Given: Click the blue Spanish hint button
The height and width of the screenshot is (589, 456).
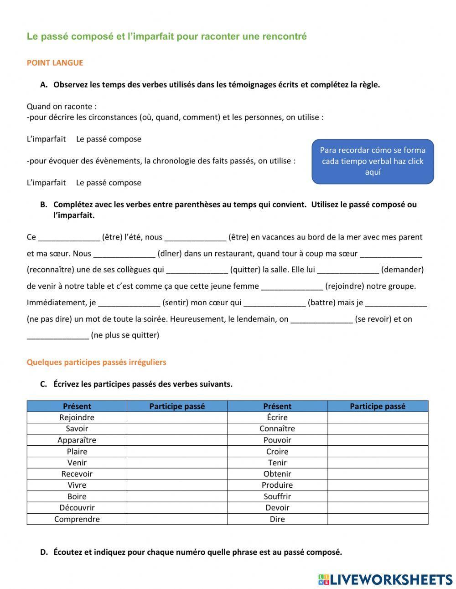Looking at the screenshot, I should click(x=373, y=162).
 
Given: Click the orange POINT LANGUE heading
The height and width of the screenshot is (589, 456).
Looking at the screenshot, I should click(x=55, y=63).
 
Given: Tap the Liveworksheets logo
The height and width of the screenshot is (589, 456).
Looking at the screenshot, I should click(x=385, y=579).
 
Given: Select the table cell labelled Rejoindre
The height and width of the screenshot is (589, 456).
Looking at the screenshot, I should click(x=77, y=417).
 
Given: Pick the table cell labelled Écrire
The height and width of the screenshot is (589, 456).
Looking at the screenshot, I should click(x=277, y=417).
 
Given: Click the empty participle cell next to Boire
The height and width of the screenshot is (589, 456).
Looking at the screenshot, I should click(x=177, y=496).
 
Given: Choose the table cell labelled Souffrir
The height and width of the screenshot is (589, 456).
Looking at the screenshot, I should click(x=277, y=496).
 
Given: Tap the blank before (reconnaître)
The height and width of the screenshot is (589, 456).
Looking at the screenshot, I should click(x=391, y=254).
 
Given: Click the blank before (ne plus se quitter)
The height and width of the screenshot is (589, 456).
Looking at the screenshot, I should click(x=58, y=336).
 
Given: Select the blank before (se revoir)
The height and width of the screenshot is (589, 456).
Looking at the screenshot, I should click(x=321, y=319).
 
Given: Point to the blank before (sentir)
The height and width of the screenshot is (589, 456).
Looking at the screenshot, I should click(x=129, y=303).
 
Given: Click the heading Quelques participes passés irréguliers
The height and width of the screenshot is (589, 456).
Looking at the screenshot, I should click(x=96, y=362).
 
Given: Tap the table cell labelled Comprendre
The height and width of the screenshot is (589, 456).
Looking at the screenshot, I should click(x=77, y=519).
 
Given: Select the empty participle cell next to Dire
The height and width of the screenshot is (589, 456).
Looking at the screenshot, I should click(x=378, y=519).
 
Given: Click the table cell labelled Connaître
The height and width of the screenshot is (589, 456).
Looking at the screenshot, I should click(x=277, y=429).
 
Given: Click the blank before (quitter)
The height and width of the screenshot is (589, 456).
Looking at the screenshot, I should click(x=197, y=270).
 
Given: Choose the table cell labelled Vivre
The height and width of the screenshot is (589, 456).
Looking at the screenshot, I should click(x=77, y=485).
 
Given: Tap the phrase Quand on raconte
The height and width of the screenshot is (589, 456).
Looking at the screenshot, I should click(x=61, y=107).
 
